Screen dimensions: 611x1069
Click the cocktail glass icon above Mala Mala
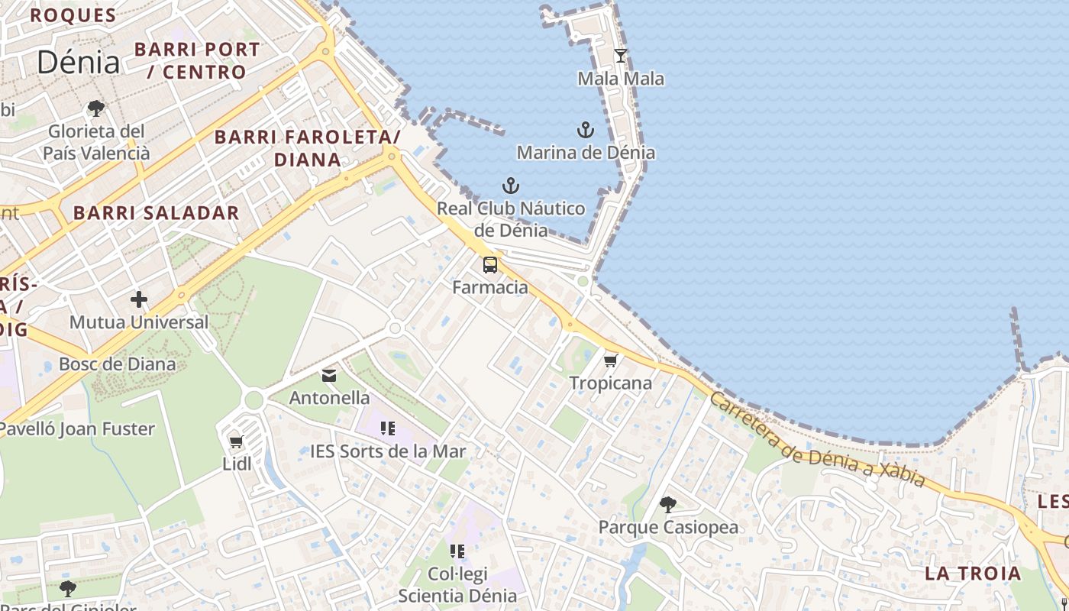(621, 56)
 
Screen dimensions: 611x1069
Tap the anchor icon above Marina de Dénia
(586, 130)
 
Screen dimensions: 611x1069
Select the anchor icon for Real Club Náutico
(510, 186)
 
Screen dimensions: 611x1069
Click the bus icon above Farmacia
(490, 265)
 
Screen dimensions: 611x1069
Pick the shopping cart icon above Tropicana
(610, 360)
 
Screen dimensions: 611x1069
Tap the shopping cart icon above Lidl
(237, 441)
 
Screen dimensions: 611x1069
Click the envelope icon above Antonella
(329, 375)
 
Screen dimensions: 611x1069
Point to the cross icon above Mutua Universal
(138, 299)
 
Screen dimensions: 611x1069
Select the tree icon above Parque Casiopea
(668, 504)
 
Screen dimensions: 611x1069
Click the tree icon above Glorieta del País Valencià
(96, 108)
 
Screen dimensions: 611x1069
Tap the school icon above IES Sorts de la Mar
(388, 428)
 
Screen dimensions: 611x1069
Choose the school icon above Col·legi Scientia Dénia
(457, 551)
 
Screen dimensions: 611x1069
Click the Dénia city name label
(78, 62)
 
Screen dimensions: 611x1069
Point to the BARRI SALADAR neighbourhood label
(157, 213)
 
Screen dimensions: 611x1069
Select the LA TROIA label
(972, 573)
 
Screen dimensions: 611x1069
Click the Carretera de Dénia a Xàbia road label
(817, 441)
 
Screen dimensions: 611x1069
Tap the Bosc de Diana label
(117, 364)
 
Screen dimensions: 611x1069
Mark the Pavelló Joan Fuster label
(76, 428)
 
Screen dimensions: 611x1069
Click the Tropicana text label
(611, 383)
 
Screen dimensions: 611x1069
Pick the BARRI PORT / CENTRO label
(197, 60)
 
